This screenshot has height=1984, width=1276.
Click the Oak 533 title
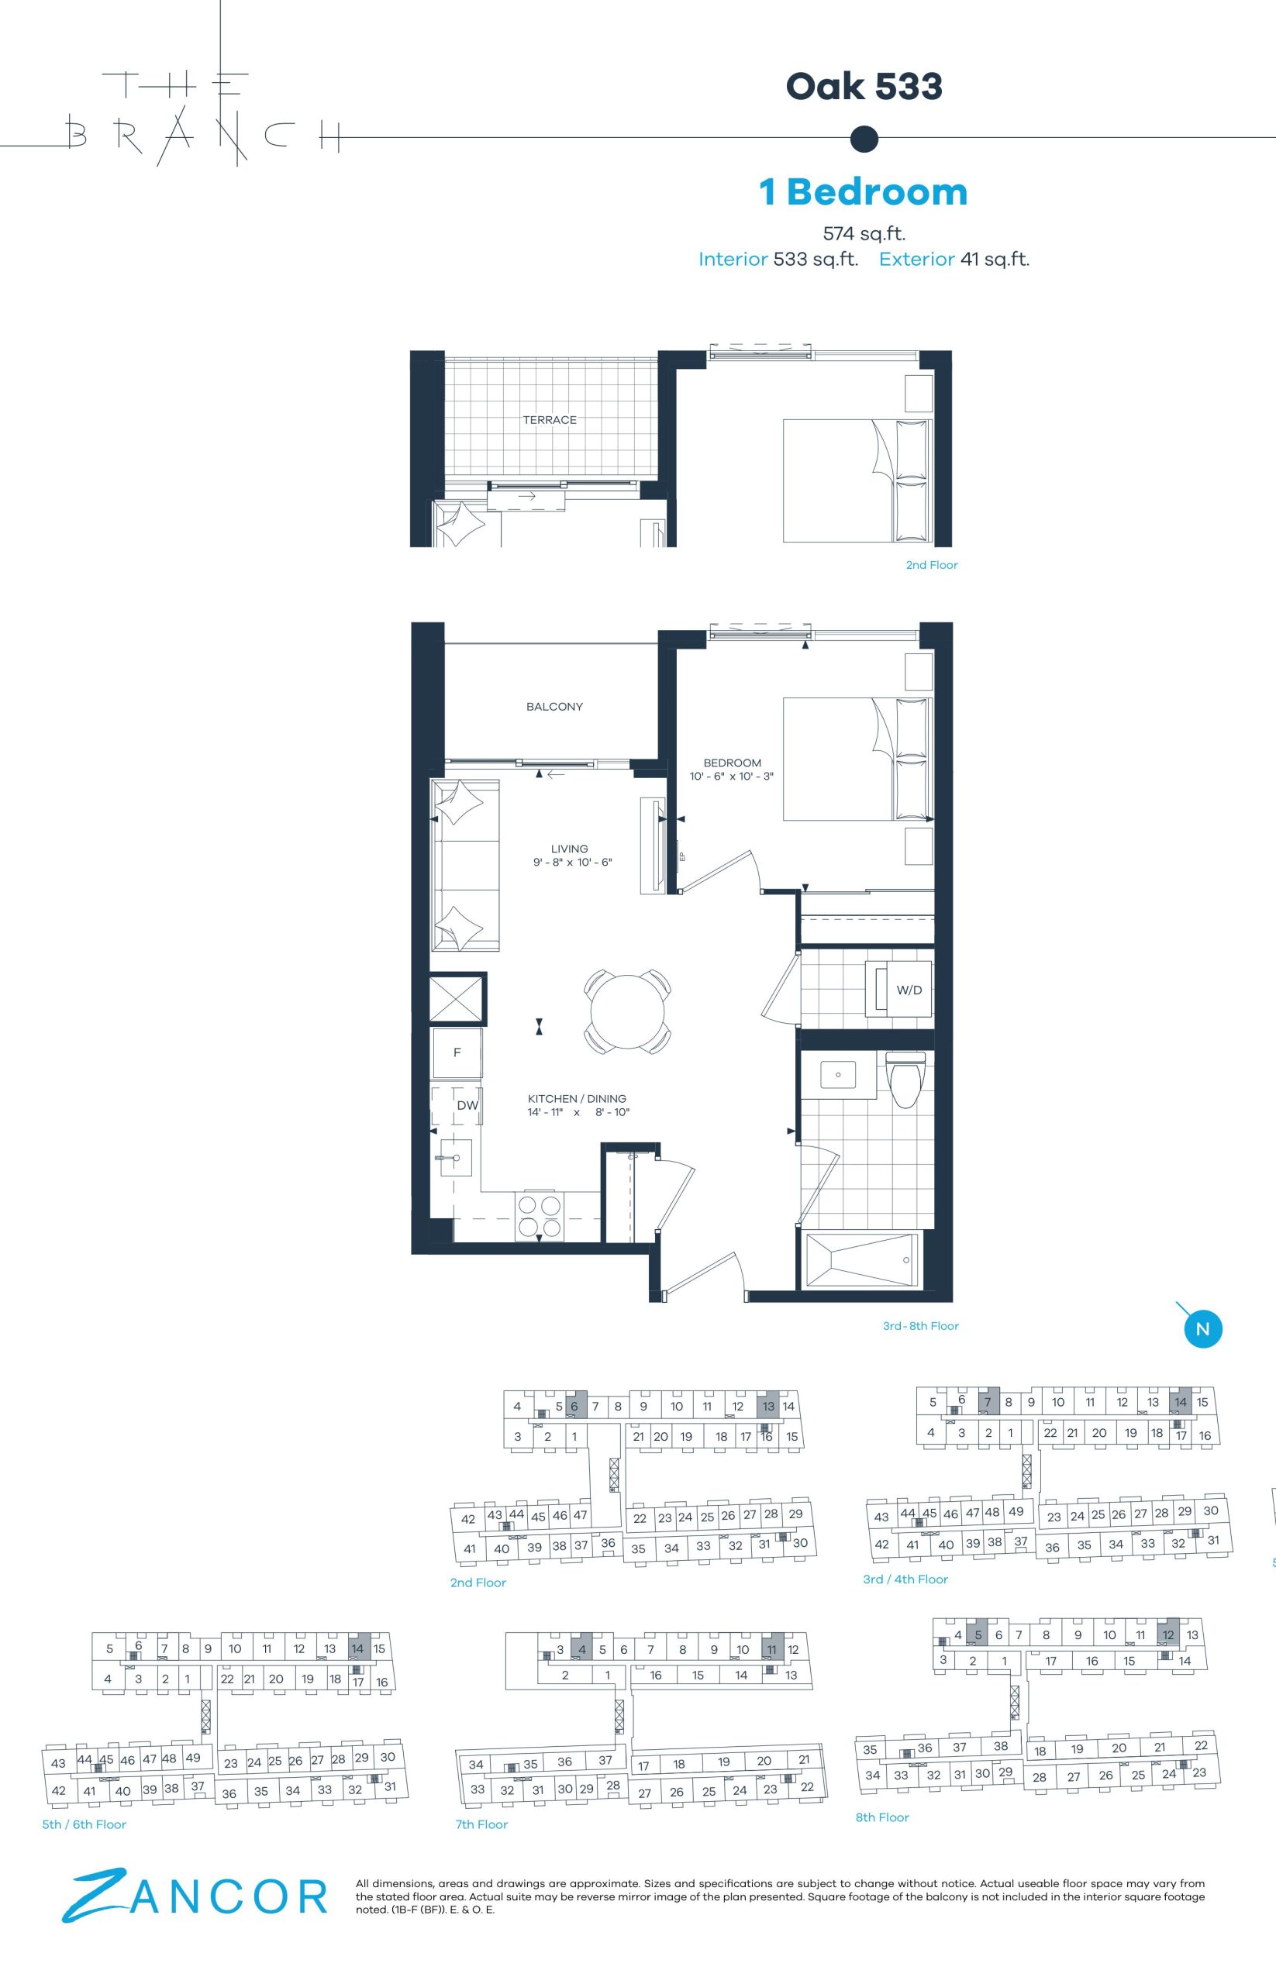[864, 86]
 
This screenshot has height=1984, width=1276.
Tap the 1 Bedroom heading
[864, 191]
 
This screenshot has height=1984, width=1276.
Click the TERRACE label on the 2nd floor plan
[550, 420]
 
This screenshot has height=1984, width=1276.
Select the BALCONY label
[554, 707]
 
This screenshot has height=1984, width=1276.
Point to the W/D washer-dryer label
[909, 990]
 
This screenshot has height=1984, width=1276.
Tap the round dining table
[626, 1011]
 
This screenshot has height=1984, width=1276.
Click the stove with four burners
[539, 1215]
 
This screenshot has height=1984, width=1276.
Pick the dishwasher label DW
[467, 1105]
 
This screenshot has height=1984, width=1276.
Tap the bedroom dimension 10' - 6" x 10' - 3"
[732, 777]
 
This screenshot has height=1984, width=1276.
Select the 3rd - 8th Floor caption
[920, 1325]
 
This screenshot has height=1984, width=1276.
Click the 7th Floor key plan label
[481, 1824]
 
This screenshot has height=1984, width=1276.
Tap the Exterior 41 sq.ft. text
[954, 260]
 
